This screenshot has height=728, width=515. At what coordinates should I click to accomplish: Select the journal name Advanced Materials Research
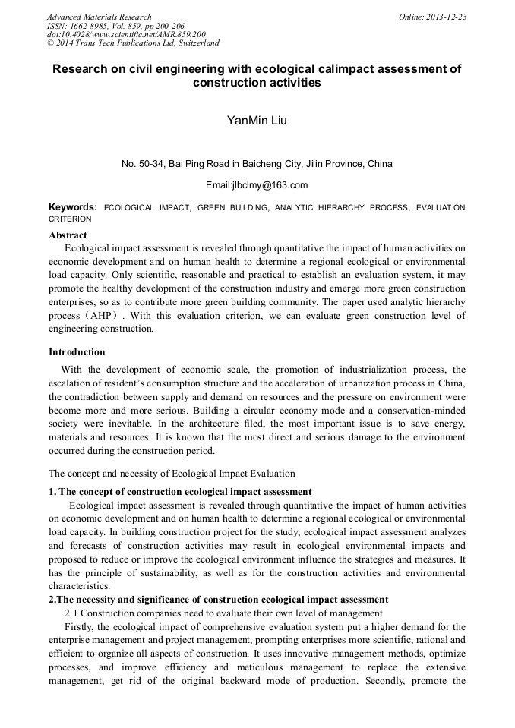click(99, 17)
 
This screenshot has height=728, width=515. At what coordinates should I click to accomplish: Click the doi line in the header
click(126, 34)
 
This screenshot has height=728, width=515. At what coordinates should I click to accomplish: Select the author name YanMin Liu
click(257, 120)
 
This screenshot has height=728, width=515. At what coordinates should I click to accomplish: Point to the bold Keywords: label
click(73, 207)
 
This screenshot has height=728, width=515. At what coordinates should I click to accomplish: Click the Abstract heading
click(68, 235)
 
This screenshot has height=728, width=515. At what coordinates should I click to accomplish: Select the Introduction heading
click(77, 352)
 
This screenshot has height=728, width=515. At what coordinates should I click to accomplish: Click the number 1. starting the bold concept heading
click(52, 492)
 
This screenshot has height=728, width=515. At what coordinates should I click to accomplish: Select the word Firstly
click(80, 627)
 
